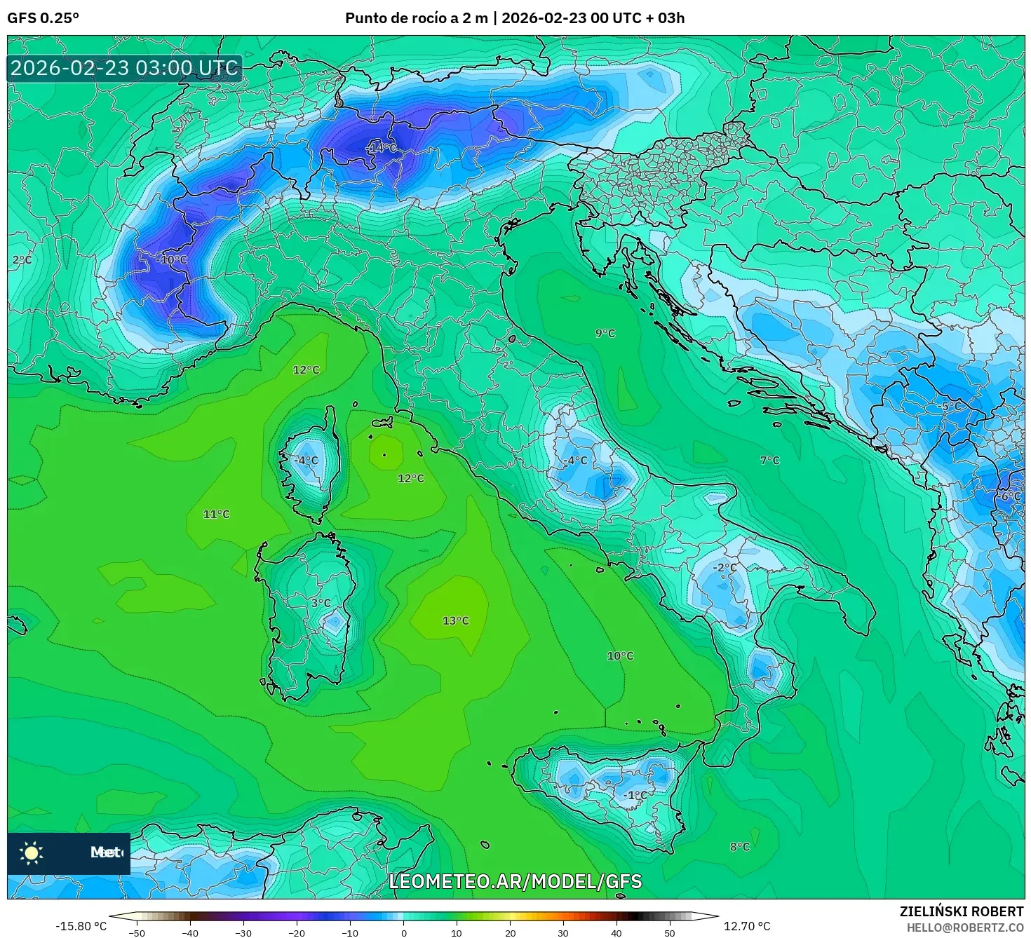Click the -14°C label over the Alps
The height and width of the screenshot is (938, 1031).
point(382,148)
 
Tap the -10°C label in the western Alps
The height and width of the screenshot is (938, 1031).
point(172,259)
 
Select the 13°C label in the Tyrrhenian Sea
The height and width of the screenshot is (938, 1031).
point(455,620)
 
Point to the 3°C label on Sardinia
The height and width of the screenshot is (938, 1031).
point(321,603)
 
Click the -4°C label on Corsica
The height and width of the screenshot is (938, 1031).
point(306,461)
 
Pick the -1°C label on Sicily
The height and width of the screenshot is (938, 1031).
point(635,795)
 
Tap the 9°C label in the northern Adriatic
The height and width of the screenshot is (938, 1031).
point(605,333)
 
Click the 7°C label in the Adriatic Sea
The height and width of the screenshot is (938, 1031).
point(769,460)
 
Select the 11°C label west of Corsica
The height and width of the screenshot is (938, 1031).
point(216,514)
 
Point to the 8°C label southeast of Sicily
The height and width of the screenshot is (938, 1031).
point(739,846)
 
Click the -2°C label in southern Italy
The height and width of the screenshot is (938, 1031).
point(725,567)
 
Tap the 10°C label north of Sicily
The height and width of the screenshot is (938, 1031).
point(619,655)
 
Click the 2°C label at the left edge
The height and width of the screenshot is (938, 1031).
point(22,259)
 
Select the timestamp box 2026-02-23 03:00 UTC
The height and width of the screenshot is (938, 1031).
point(125,68)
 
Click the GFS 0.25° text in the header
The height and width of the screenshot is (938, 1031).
point(43,18)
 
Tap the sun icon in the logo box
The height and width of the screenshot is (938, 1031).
point(32,852)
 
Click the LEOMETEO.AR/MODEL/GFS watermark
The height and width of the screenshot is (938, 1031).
point(515,881)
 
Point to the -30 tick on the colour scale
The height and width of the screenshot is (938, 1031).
point(243,932)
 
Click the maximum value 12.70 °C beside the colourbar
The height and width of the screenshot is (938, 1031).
point(746,926)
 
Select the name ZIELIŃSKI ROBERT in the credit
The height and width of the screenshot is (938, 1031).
point(961,911)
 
